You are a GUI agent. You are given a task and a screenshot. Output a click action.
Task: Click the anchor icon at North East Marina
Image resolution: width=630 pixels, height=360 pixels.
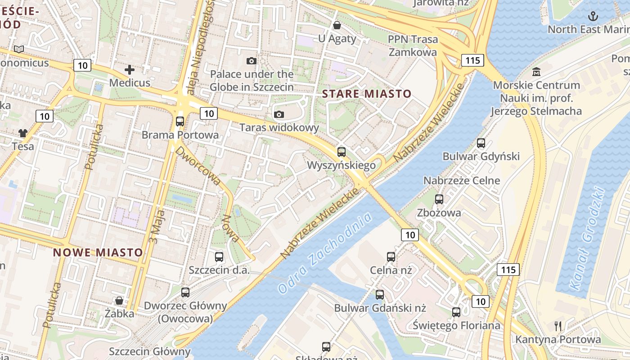[593, 17]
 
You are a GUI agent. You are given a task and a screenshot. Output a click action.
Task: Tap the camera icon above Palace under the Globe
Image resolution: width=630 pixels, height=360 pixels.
[252, 61]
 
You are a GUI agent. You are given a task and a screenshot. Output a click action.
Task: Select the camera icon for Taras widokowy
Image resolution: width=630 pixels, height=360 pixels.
[279, 114]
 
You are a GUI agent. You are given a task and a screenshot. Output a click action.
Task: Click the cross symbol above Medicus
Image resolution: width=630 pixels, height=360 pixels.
[130, 69]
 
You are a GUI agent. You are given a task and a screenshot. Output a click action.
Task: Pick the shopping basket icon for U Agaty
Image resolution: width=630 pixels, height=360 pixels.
[337, 25]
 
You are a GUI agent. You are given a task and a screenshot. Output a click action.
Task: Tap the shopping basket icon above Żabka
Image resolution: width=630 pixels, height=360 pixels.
[119, 300]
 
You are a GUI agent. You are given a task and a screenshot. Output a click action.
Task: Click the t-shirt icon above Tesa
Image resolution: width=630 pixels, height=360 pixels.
[23, 133]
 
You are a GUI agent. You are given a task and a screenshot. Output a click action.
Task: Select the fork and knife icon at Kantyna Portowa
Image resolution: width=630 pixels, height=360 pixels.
[558, 326]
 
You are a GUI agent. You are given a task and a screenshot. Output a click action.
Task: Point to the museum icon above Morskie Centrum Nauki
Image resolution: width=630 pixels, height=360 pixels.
[536, 72]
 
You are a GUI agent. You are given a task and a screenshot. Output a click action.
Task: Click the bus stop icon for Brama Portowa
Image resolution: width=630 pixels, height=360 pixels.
[180, 121]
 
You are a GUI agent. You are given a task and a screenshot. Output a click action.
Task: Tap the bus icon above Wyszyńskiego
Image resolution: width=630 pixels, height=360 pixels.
[342, 152]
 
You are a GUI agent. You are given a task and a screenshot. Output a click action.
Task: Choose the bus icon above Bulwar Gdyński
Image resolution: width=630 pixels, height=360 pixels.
[481, 143]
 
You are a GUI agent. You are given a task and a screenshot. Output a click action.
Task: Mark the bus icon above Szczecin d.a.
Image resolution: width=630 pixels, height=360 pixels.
[219, 257]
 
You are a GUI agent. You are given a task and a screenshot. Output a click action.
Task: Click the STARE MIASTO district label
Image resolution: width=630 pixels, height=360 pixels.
[367, 94]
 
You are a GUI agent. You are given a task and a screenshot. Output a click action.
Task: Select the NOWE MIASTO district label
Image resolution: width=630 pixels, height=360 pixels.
[98, 252]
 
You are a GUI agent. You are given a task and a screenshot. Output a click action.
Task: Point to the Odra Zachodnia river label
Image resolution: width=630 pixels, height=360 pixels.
[325, 253]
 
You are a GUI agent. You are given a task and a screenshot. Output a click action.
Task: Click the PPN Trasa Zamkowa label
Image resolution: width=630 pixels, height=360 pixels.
[413, 45]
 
